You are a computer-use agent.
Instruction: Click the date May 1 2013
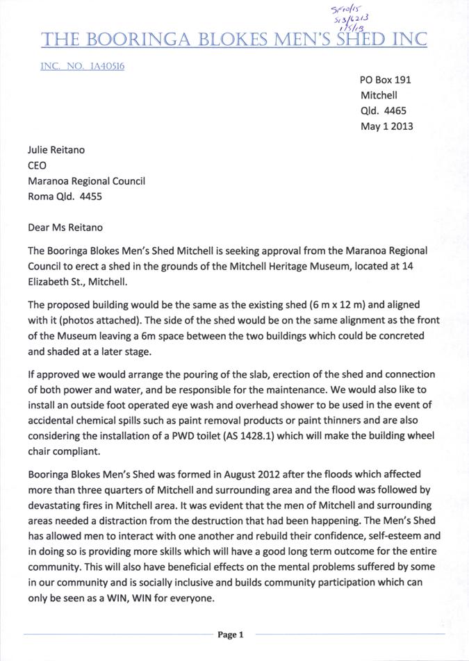387,126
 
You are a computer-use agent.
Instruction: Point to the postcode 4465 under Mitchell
395,111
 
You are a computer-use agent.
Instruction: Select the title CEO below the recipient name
38,166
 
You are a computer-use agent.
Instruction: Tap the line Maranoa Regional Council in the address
86,181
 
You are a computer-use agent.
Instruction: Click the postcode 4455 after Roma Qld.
90,196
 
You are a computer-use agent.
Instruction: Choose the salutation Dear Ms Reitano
67,227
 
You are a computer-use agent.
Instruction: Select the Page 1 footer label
231,635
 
